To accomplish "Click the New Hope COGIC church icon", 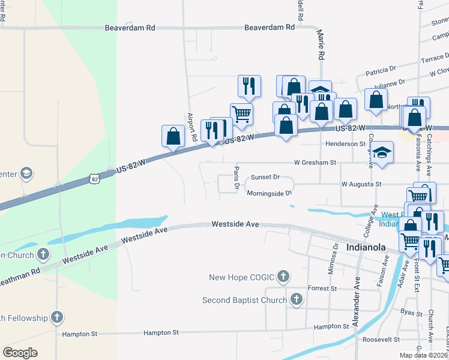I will click(x=283, y=277).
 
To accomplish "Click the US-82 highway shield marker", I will click(x=94, y=179).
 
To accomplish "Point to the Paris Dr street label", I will click(x=237, y=179).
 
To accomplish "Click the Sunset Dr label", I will click(x=265, y=177).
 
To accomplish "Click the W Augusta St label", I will click(x=361, y=184).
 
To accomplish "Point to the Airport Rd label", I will click(x=191, y=127).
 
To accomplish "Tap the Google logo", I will click(x=20, y=353).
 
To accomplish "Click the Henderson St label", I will click(x=345, y=144).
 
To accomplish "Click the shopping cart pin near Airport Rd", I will click(x=241, y=113).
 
